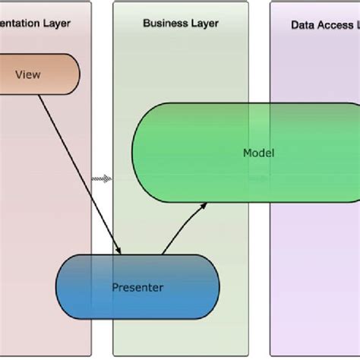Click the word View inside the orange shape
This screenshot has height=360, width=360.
click(28, 74)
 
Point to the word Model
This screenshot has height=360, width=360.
click(258, 153)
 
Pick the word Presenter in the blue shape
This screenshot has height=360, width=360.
click(137, 287)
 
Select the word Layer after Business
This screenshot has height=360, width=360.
click(204, 24)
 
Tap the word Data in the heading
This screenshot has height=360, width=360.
click(303, 25)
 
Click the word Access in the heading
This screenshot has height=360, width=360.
click(335, 25)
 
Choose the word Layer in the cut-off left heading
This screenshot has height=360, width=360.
click(56, 24)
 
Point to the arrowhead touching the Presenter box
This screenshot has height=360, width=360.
click(119, 250)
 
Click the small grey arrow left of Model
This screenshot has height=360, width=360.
click(102, 178)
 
